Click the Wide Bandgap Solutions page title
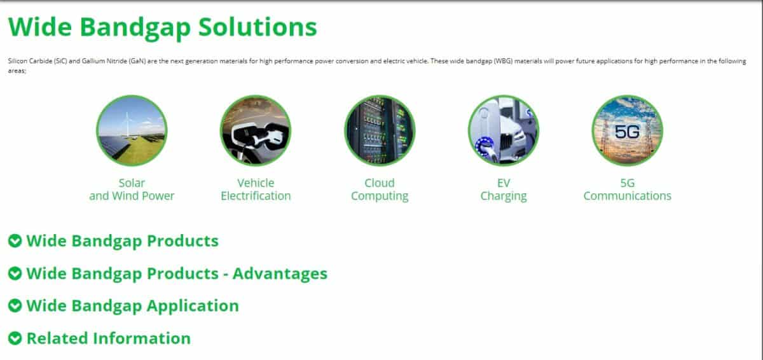[163, 27]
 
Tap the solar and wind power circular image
[132, 130]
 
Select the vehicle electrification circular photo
[256, 130]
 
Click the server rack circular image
[380, 130]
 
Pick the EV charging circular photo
[504, 130]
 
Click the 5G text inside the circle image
[627, 132]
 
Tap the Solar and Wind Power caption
[132, 190]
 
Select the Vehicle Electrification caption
[256, 190]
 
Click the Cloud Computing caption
[380, 190]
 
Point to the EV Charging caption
[504, 190]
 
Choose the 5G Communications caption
[628, 190]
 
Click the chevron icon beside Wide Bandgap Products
[15, 241]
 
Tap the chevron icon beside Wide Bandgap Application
[15, 305]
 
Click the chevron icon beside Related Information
[15, 338]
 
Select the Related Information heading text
[109, 338]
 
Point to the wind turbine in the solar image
[127, 124]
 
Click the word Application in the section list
[193, 306]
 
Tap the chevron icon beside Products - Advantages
[15, 273]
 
